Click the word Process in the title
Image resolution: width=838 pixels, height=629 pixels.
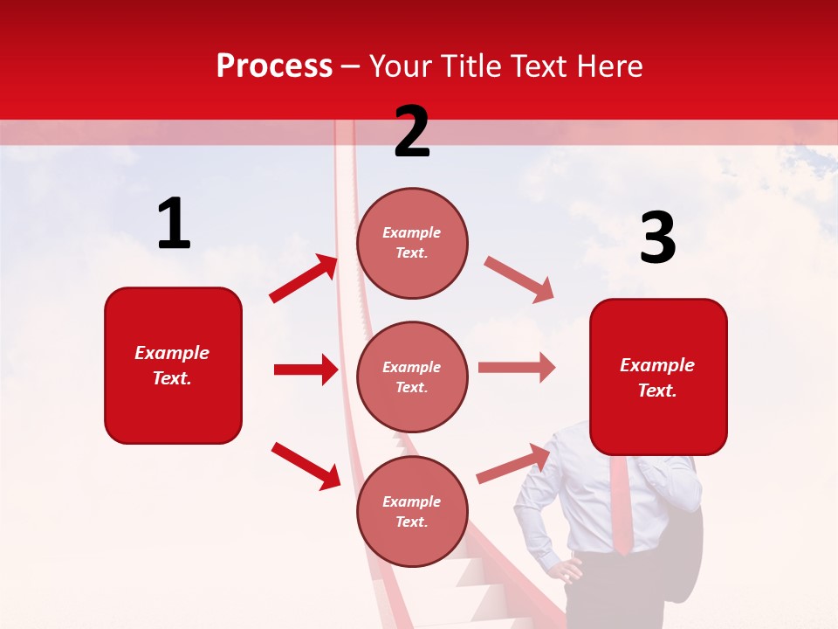click(274, 66)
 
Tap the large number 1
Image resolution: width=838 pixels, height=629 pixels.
click(174, 224)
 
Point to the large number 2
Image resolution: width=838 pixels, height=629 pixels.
click(412, 132)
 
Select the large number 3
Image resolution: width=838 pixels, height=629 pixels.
click(657, 238)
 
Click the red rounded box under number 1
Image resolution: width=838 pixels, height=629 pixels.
click(173, 365)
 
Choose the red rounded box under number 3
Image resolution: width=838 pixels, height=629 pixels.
click(658, 377)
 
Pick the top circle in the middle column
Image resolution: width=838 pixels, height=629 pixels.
click(412, 242)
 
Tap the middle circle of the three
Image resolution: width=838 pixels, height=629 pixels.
click(412, 377)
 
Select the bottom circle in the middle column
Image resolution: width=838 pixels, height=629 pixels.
click(412, 511)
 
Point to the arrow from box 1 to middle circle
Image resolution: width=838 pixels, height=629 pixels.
click(306, 370)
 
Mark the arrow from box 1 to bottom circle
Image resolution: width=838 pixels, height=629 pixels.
click(306, 465)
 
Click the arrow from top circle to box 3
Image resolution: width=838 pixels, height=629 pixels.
click(519, 279)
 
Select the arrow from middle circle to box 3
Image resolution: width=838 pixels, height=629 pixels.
click(517, 368)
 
